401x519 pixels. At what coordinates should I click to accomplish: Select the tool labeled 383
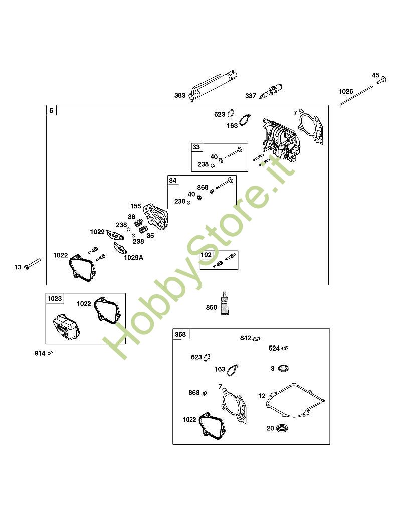[x=213, y=85]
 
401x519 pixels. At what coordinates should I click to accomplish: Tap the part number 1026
[x=346, y=91]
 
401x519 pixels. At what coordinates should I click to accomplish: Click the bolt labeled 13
[x=31, y=264]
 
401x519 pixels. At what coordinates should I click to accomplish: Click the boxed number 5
[x=51, y=110]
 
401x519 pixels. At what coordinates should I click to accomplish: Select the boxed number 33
[x=196, y=147]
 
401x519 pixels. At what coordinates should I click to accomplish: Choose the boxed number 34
[x=172, y=180]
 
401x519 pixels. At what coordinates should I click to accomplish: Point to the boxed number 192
[x=206, y=255]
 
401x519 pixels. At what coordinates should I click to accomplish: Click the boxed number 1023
[x=54, y=299]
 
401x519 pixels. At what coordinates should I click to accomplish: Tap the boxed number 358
[x=179, y=334]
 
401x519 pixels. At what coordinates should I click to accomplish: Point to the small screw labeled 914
[x=50, y=353]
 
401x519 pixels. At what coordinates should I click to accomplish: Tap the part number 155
[x=136, y=206]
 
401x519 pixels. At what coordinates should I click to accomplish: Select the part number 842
[x=245, y=338]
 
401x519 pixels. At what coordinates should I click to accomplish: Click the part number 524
[x=274, y=348]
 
